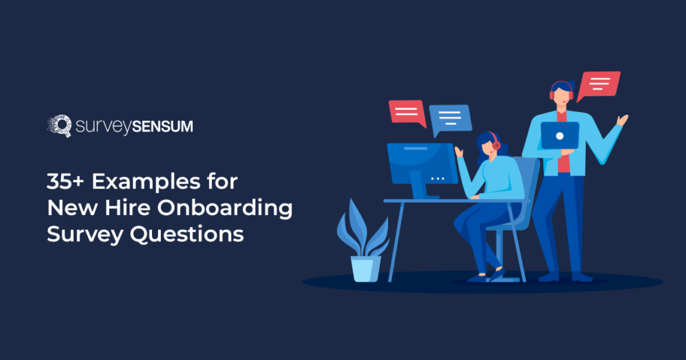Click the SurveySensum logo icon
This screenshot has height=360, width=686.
60,126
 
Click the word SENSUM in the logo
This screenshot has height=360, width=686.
162,127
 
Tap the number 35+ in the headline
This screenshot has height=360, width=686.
65,181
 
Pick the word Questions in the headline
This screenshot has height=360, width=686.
187,235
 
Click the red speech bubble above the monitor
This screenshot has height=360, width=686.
407,113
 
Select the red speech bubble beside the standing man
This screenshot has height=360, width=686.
598,85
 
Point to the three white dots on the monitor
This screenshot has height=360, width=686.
437,179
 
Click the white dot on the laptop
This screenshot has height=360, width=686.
559,136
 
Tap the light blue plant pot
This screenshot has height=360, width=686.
366,268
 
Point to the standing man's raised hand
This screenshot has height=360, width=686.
622,120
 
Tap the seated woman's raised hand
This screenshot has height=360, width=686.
458,152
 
